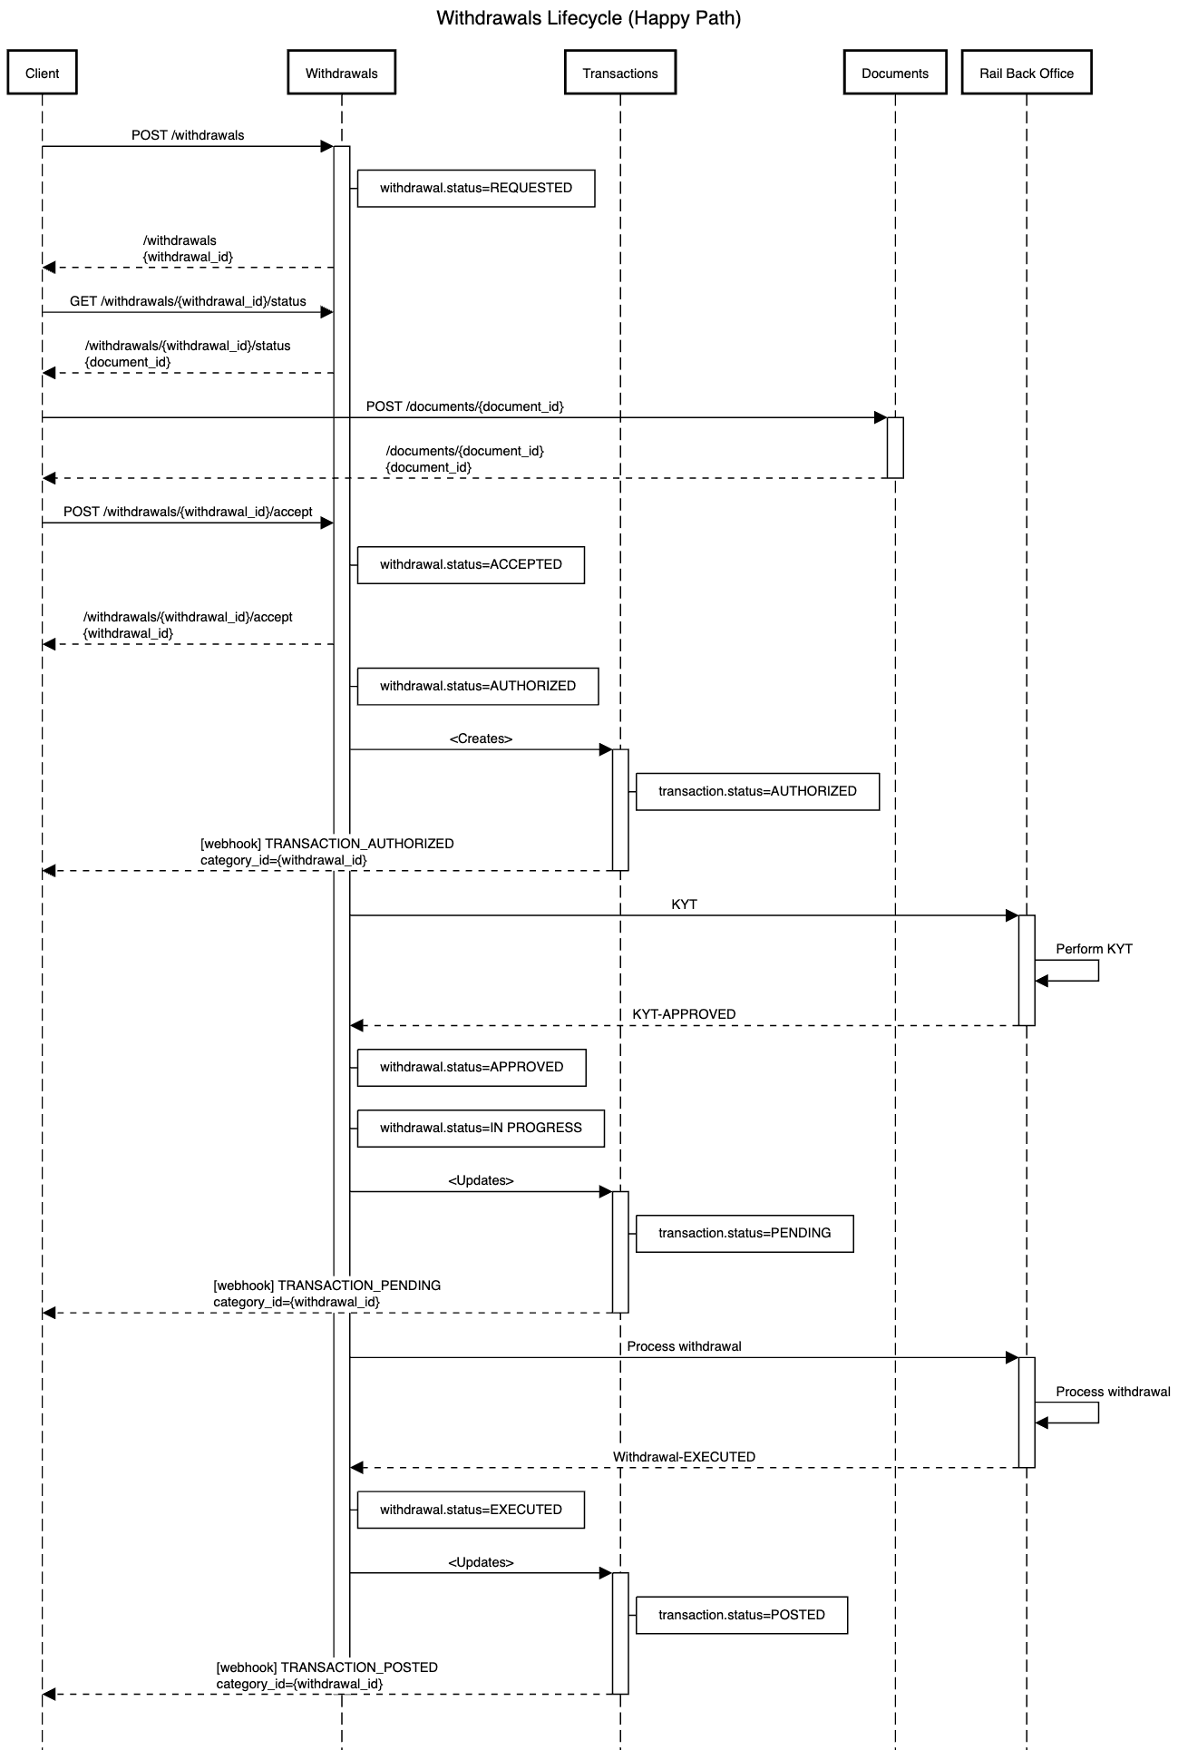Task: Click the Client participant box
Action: [42, 73]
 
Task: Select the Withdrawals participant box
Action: [341, 73]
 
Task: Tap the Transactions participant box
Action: [620, 73]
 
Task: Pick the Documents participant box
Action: [895, 73]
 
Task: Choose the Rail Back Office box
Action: [1027, 73]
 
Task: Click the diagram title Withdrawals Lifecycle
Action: [589, 18]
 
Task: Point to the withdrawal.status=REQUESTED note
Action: [476, 188]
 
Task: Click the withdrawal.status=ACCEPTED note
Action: [471, 564]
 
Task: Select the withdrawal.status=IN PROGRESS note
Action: [481, 1128]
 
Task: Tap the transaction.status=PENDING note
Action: [745, 1233]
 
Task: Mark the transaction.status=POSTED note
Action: [742, 1615]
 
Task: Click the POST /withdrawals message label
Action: [188, 135]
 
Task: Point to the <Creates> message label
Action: [481, 738]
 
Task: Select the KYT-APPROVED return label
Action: [684, 1014]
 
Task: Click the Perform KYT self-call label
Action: [1094, 949]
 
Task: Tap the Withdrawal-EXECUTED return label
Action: [684, 1457]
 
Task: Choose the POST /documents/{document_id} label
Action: [464, 406]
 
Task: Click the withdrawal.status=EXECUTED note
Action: [471, 1510]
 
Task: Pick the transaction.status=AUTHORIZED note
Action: [757, 791]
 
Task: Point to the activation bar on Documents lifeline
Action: [895, 447]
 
